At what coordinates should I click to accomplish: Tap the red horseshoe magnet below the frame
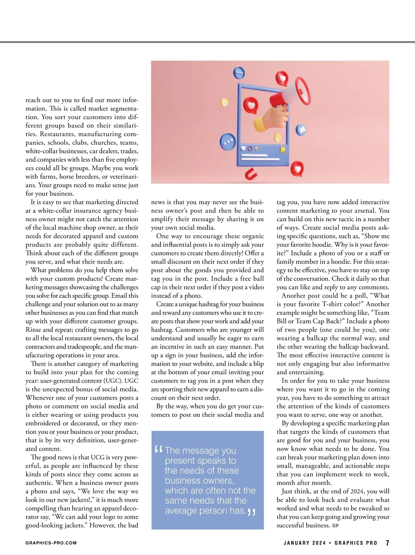(251, 175)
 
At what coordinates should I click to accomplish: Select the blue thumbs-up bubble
(301, 130)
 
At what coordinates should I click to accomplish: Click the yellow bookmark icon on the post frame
(283, 150)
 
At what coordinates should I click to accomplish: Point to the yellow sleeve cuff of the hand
(260, 123)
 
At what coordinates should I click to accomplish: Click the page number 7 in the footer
(387, 543)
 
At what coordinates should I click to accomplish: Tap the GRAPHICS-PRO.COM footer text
(51, 543)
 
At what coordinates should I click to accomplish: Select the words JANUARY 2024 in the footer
(305, 543)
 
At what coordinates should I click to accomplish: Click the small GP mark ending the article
(335, 526)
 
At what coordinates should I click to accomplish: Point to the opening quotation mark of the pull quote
(159, 449)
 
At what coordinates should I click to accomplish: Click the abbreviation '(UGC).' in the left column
(113, 381)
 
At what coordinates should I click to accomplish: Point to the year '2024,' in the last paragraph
(357, 491)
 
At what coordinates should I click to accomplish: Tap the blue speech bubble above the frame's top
(239, 73)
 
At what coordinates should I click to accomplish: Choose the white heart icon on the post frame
(243, 149)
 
